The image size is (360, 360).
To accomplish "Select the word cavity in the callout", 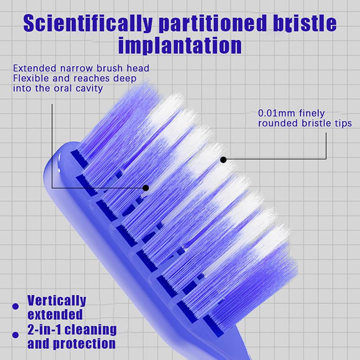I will coord(90,89).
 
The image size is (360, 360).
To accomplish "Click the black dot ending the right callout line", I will coord(223,159).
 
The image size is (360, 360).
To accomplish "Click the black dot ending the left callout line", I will coord(145,187).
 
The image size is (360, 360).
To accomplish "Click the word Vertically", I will coord(56,300).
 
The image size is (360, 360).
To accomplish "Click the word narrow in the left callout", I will coord(70,69).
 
